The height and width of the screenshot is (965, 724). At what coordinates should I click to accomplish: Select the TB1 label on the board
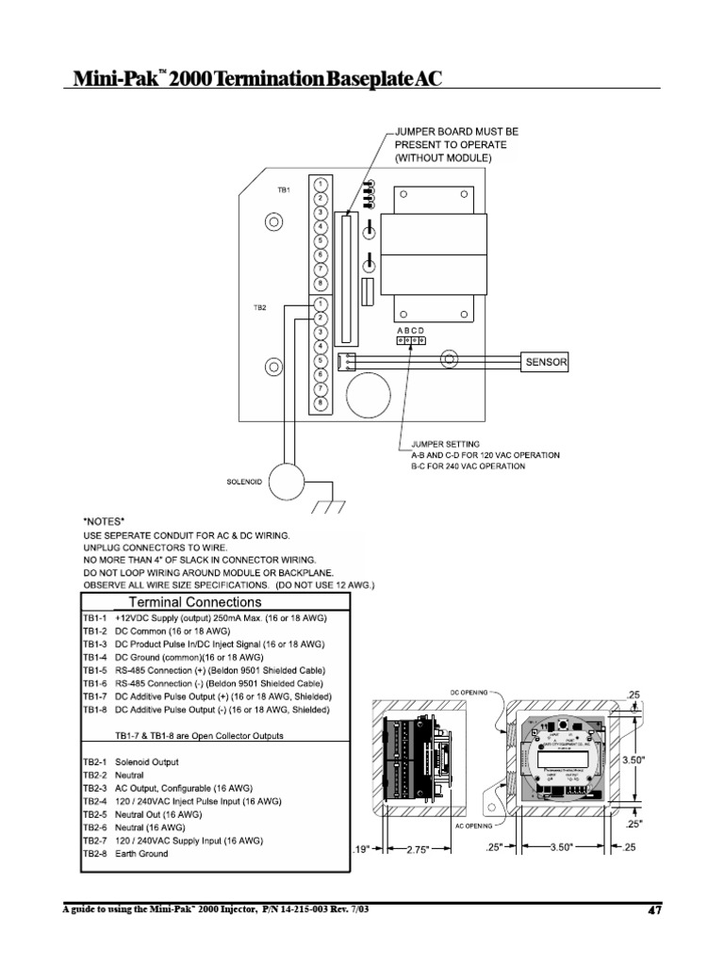pos(284,190)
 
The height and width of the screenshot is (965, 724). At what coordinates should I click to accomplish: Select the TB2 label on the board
pos(284,307)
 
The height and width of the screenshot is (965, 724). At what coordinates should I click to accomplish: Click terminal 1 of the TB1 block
pos(321,184)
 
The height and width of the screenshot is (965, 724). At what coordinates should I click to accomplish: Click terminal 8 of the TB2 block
pos(321,402)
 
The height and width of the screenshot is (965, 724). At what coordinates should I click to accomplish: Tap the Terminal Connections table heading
pos(194,601)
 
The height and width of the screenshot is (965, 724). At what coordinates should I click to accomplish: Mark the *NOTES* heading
pos(106,520)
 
